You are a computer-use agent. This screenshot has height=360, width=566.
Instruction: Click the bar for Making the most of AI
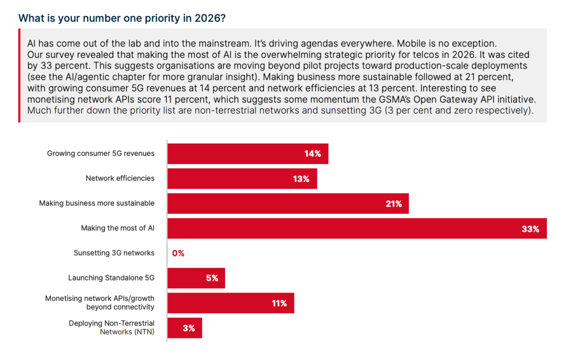coord(356,228)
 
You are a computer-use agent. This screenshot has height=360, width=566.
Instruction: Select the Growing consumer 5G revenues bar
coord(247,153)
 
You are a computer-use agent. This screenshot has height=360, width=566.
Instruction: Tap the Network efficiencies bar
coord(242,178)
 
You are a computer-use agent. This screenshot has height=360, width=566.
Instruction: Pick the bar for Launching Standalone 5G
coord(196,278)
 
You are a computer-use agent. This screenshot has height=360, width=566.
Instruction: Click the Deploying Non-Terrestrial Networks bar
coord(184,328)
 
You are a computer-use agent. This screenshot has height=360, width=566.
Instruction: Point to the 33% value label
coord(530,229)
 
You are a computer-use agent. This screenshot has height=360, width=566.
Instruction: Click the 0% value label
coord(178,253)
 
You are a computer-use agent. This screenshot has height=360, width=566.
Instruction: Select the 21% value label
coord(393,204)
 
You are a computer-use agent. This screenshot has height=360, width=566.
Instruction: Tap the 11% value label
coord(279,303)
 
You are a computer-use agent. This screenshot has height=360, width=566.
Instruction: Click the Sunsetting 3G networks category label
coord(114,253)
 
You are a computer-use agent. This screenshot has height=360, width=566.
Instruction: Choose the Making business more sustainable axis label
coord(97,203)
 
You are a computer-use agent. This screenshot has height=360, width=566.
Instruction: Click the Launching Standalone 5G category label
coord(111,277)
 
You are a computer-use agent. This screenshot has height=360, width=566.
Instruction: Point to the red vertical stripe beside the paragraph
coord(19,75)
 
